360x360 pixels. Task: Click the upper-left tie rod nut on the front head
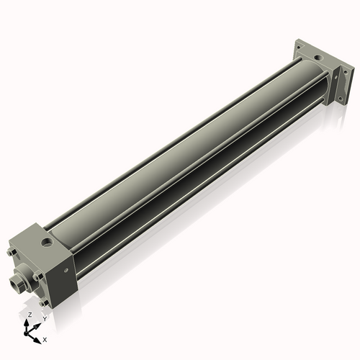(x=12, y=253)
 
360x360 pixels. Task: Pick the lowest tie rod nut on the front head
(x=45, y=300)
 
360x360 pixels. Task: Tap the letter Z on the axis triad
(x=30, y=315)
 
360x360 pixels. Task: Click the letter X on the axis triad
(x=45, y=338)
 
